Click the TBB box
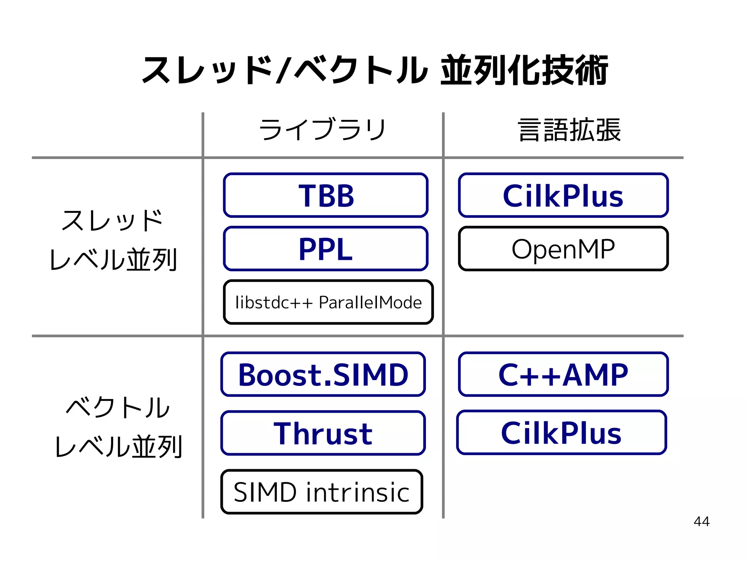tap(325, 196)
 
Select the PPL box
tap(325, 249)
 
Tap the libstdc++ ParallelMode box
tap(328, 302)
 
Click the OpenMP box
tap(563, 249)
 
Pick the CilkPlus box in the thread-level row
tap(563, 196)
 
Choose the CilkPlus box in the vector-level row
tap(561, 433)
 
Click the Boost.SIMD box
tap(323, 375)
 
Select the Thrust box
tap(323, 433)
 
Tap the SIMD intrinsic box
tap(321, 492)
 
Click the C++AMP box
tap(563, 375)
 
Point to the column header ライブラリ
tap(322, 130)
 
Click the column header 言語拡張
tap(569, 130)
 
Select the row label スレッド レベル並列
tap(113, 240)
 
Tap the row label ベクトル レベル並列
tap(118, 427)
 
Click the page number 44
tap(701, 522)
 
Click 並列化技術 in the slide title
tap(524, 70)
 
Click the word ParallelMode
tap(370, 303)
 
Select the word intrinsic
tap(358, 492)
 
